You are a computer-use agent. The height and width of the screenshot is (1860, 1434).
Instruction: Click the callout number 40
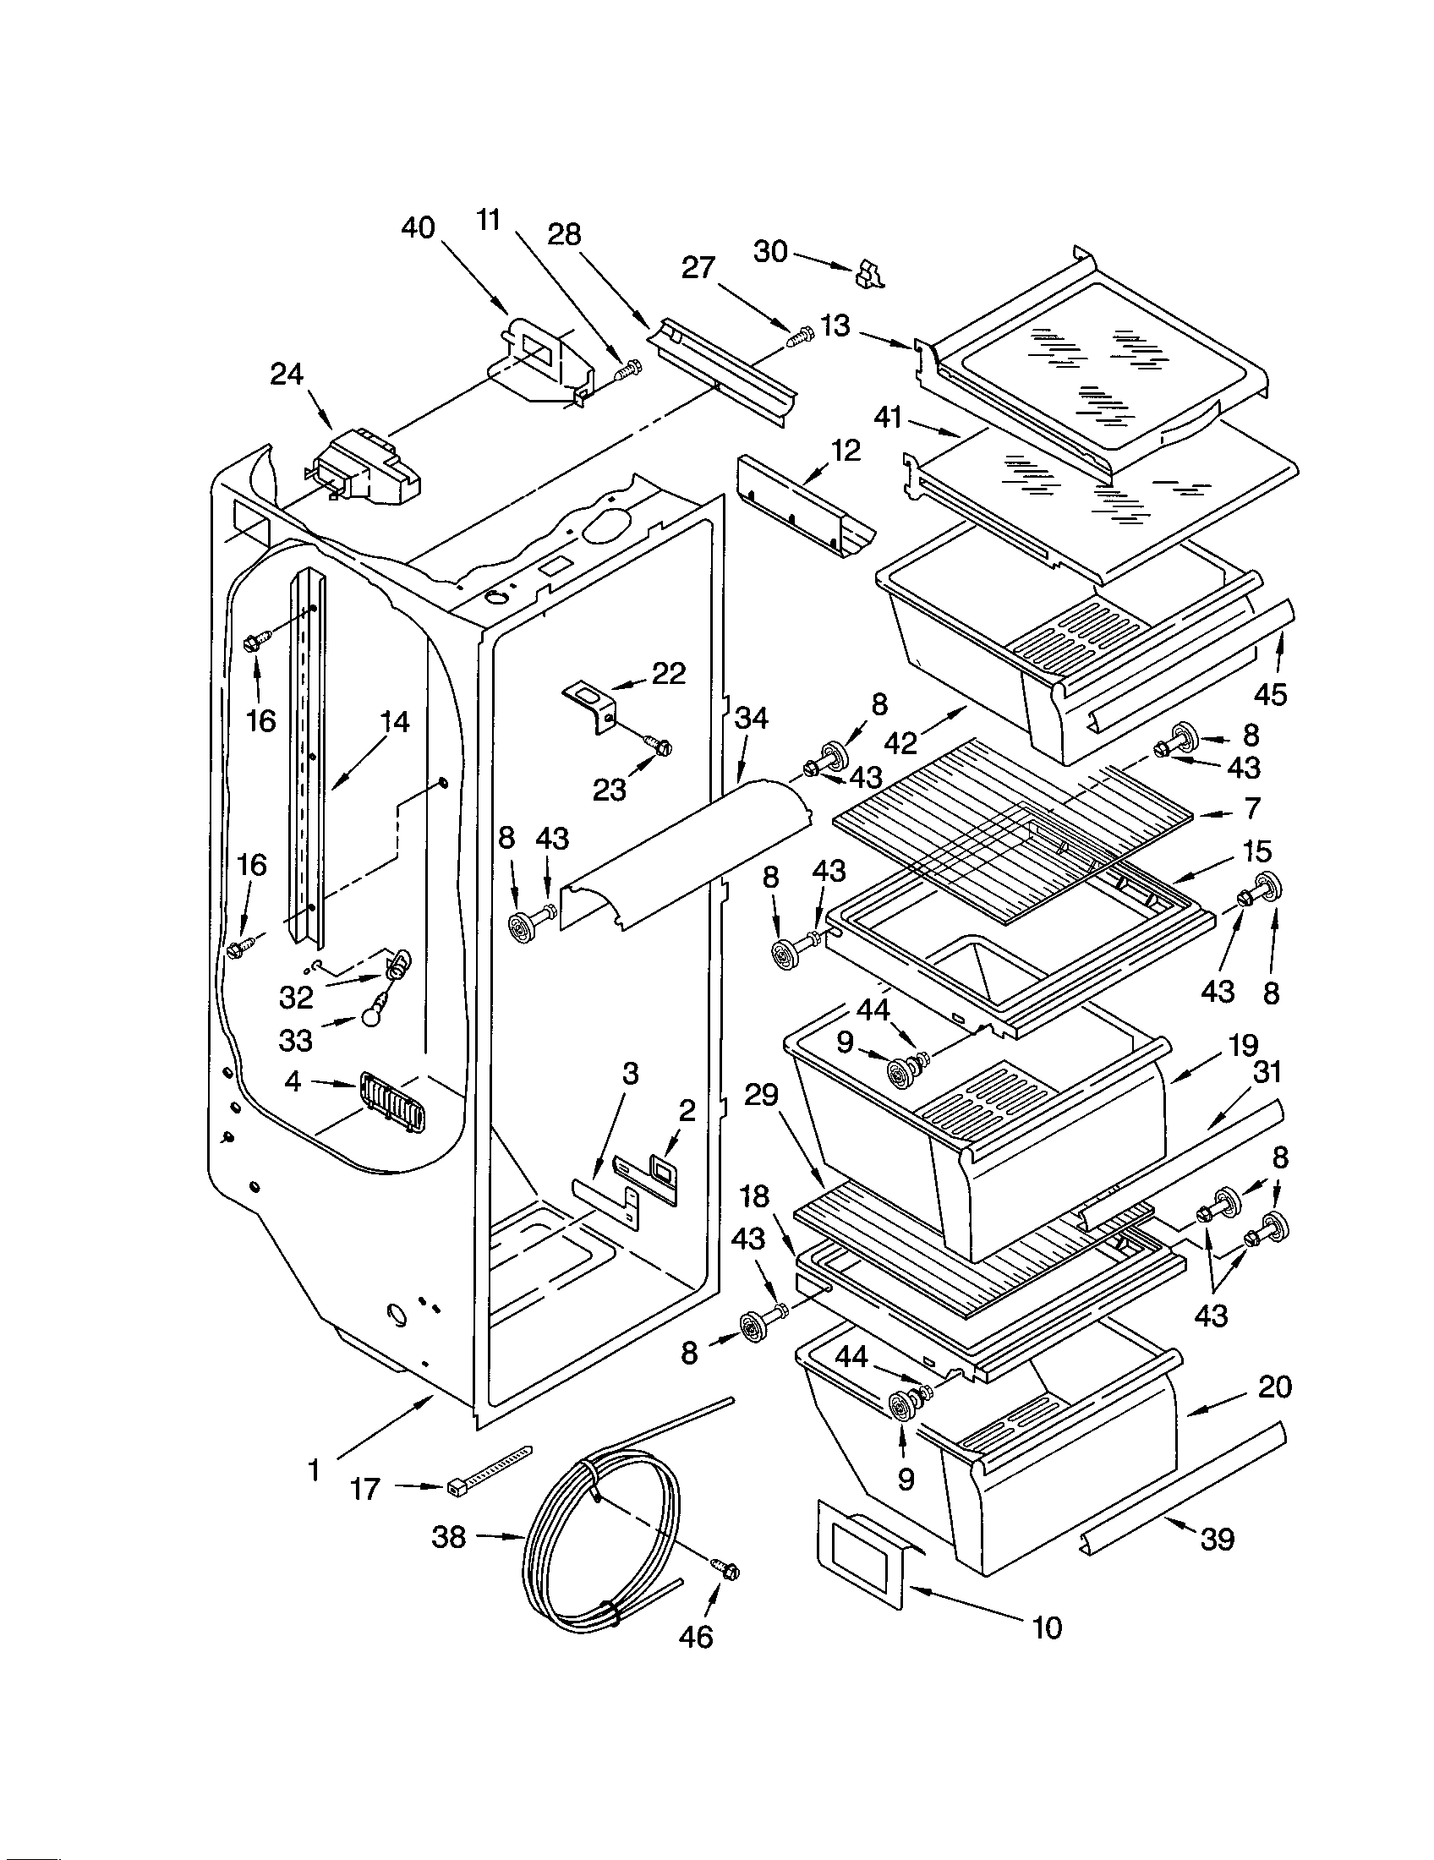coord(417,228)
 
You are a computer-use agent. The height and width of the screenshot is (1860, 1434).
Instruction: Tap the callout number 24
coord(287,374)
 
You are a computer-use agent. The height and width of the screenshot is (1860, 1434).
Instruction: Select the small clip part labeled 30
coord(868,274)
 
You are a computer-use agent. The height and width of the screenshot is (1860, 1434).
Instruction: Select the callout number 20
coord(1274,1387)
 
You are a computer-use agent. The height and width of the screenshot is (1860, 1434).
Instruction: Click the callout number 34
coord(751,718)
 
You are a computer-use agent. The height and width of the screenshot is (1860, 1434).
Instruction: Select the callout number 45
coord(1271,694)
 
